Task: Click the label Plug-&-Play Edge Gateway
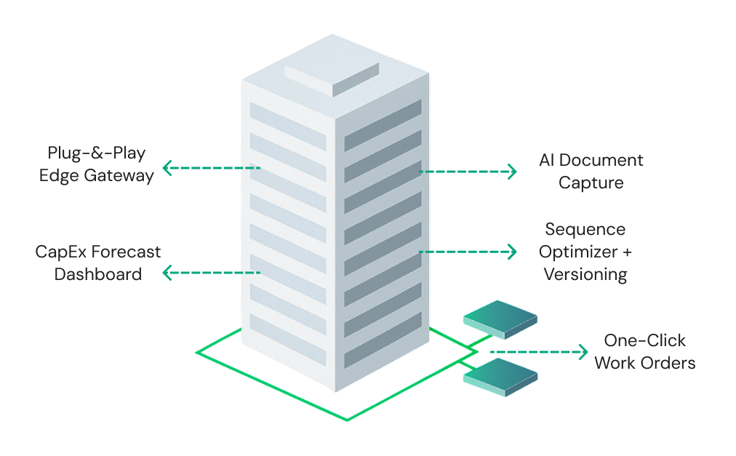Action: click(97, 165)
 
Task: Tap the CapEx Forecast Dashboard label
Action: click(98, 263)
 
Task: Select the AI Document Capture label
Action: click(591, 171)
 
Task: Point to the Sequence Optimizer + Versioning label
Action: click(585, 252)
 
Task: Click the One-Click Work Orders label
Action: click(644, 352)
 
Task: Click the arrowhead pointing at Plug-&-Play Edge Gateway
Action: click(167, 168)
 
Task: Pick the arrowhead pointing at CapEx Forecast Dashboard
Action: click(167, 273)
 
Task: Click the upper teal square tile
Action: click(500, 319)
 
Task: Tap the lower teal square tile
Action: click(500, 376)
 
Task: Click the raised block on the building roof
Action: click(332, 77)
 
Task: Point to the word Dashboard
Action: click(98, 275)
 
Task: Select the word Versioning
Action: click(585, 275)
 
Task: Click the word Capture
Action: click(591, 183)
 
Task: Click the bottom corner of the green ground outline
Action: click(347, 420)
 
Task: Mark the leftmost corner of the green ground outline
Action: click(196, 353)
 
